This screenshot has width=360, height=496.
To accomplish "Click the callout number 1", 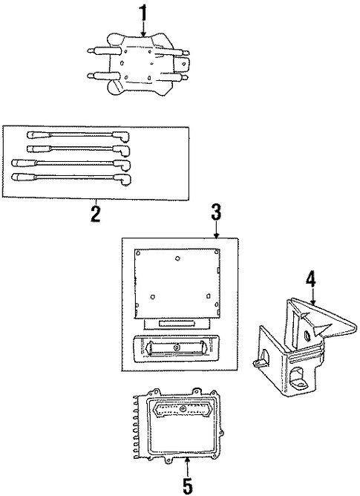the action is [x=143, y=13].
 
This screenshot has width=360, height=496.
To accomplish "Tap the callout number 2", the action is [x=95, y=214].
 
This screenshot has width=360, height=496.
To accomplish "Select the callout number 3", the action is [x=216, y=212].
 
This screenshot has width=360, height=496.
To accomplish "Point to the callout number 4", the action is [x=311, y=279].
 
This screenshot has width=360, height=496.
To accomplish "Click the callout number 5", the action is [x=188, y=486].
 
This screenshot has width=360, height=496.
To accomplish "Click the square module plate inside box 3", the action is [x=177, y=283].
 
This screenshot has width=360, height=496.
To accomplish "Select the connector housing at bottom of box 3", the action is [x=176, y=348].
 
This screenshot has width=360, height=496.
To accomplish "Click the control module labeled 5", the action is [x=179, y=425].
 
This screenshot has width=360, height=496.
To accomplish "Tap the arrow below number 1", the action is [x=143, y=28].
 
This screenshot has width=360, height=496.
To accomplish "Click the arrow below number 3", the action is [x=216, y=229].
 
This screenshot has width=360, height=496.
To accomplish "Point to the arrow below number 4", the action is [x=312, y=296].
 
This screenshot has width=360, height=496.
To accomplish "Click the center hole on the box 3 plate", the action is [x=177, y=258].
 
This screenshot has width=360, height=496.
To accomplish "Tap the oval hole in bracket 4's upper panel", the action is [x=307, y=335].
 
